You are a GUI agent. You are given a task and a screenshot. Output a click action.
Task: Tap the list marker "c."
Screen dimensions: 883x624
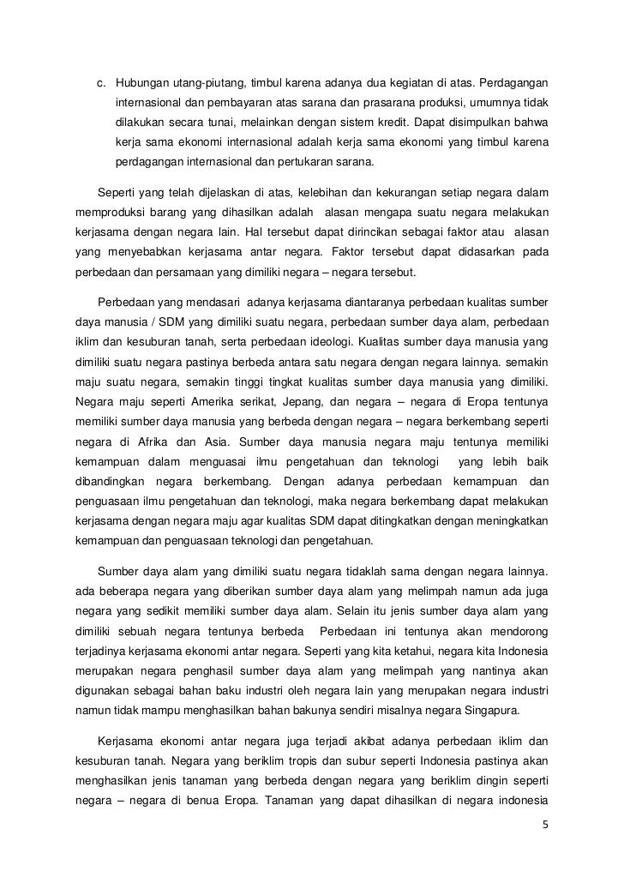tap(102, 83)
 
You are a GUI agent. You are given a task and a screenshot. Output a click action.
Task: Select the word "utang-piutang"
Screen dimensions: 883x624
tap(203, 83)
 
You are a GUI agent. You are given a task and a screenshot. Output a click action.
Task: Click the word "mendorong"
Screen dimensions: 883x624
tap(517, 632)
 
